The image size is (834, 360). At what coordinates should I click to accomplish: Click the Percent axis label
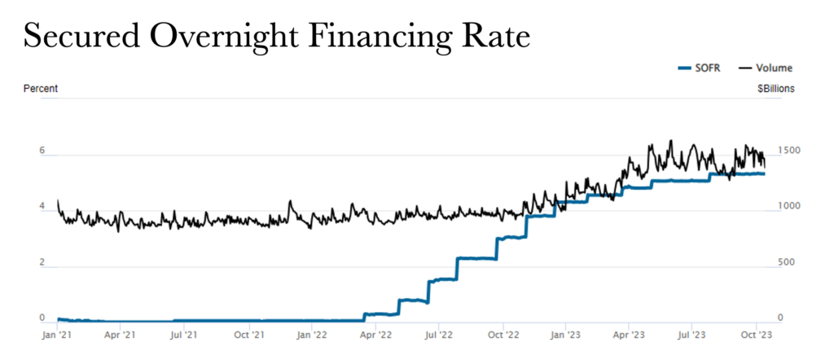tap(40, 88)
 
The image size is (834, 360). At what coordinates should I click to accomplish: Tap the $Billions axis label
tap(775, 88)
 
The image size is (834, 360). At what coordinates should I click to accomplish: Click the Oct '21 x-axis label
tap(248, 334)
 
